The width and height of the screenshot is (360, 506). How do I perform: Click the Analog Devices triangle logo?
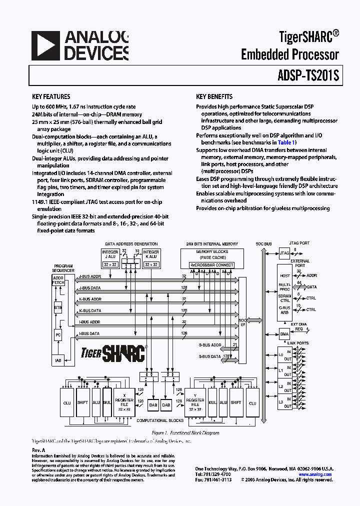[44, 45]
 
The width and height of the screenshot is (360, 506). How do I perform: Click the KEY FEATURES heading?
[51, 96]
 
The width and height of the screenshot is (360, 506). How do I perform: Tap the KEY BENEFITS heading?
[214, 96]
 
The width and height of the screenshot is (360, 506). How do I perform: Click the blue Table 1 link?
[286, 142]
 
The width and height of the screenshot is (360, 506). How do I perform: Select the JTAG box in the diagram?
[284, 253]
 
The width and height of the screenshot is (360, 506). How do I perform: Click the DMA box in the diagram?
[284, 334]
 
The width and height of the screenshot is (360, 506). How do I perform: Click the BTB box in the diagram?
[58, 308]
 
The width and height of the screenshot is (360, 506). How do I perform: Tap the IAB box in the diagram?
[58, 360]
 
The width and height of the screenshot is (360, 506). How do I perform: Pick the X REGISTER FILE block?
[124, 402]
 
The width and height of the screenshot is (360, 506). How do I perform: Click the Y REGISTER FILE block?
[195, 402]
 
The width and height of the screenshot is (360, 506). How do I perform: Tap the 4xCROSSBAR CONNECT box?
[212, 264]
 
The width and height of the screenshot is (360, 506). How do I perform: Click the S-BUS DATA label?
[209, 356]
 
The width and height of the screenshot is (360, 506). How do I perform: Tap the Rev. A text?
[38, 450]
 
